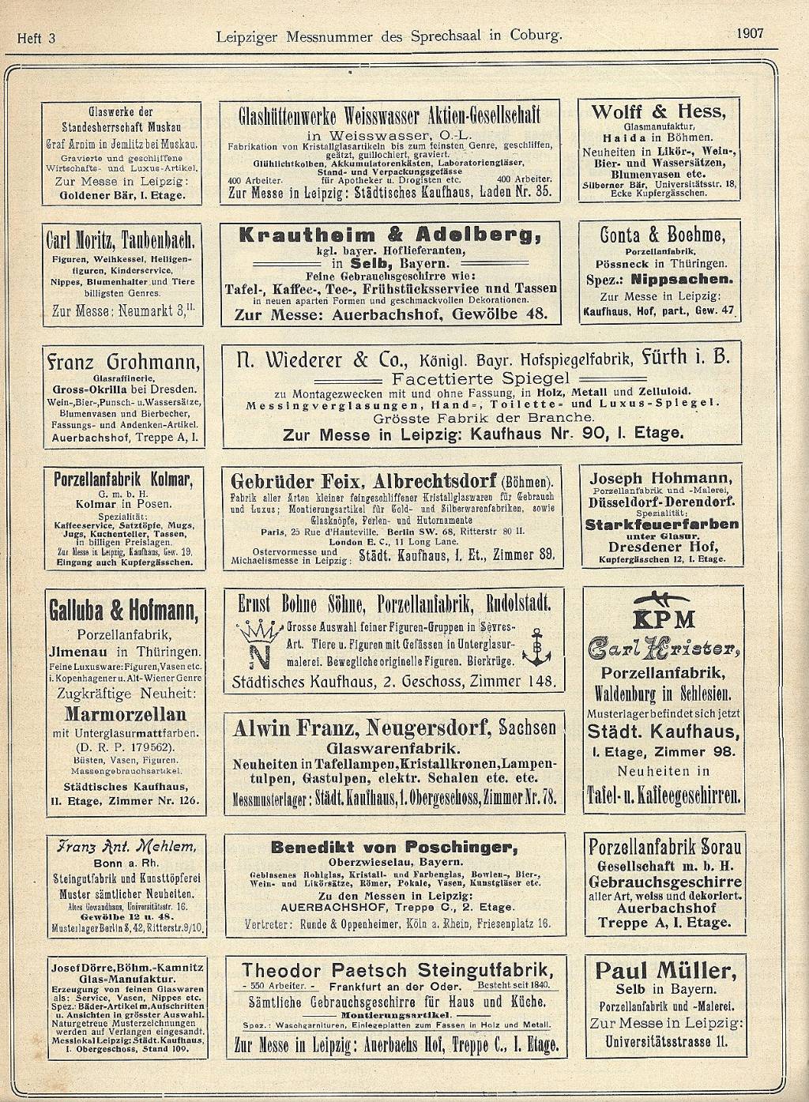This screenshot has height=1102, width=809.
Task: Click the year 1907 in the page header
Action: (x=750, y=33)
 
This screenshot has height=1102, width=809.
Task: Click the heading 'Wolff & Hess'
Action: (x=657, y=111)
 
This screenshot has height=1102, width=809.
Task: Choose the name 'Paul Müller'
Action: (x=665, y=971)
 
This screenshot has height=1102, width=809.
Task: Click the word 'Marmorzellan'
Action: (x=125, y=714)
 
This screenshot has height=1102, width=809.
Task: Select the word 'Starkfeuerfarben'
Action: (x=662, y=524)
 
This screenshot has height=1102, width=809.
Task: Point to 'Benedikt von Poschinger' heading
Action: (x=394, y=848)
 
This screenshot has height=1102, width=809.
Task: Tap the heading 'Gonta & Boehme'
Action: (x=662, y=235)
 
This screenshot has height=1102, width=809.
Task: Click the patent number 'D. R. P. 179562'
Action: (x=125, y=747)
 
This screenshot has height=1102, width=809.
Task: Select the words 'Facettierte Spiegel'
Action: (x=480, y=378)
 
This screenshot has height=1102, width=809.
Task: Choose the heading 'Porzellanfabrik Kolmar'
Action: (x=123, y=480)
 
